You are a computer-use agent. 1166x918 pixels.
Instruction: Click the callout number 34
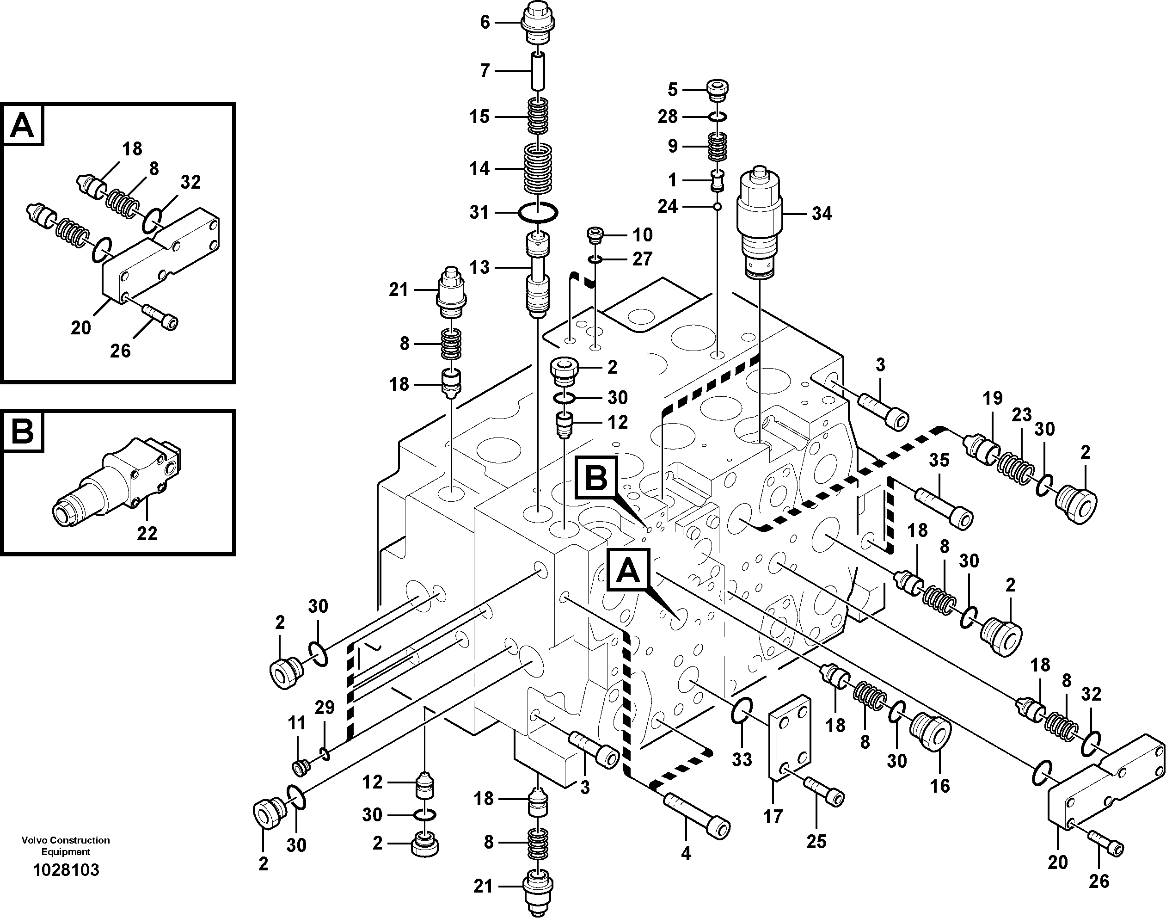pyautogui.click(x=822, y=214)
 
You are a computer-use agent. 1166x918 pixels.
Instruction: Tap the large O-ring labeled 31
pyautogui.click(x=538, y=212)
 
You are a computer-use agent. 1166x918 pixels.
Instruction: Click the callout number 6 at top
pyautogui.click(x=485, y=23)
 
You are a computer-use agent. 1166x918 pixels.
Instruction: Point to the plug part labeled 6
pyautogui.click(x=537, y=24)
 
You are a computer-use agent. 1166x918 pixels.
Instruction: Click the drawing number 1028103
pyautogui.click(x=66, y=870)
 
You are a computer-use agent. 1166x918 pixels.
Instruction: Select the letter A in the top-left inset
pyautogui.click(x=23, y=126)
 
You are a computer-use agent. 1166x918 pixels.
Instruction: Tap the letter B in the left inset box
pyautogui.click(x=23, y=431)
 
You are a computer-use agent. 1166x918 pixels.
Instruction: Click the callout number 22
pyautogui.click(x=147, y=534)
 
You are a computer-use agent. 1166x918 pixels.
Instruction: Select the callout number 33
pyautogui.click(x=742, y=759)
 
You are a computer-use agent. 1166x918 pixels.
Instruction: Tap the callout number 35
pyautogui.click(x=939, y=460)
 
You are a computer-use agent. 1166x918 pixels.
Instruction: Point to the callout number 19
pyautogui.click(x=993, y=398)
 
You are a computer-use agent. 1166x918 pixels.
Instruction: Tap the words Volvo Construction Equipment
pyautogui.click(x=66, y=845)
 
